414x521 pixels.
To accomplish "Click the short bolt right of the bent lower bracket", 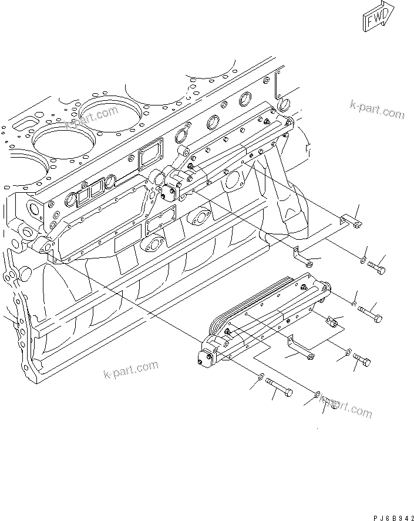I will pos(361,362).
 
